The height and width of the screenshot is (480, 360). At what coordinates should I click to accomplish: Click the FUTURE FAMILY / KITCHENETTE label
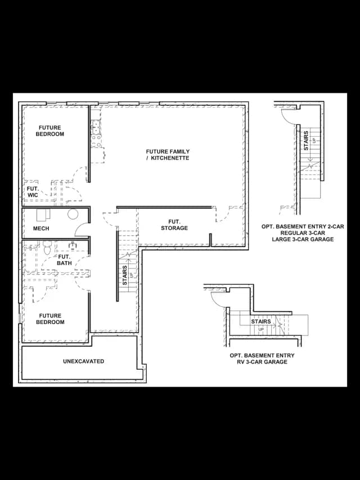coord(168,155)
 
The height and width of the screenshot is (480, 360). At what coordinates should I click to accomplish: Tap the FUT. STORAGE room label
coord(174,225)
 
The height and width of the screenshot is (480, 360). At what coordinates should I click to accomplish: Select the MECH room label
coord(41,228)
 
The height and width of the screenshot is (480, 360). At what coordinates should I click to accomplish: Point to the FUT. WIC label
coord(33,192)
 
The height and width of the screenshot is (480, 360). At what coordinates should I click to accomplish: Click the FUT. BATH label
coord(64,260)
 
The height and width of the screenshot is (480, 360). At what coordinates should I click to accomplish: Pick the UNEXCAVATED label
coord(84,361)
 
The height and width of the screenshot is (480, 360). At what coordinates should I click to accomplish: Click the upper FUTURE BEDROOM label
coord(50,131)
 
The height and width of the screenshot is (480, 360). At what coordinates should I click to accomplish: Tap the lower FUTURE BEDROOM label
coord(50,318)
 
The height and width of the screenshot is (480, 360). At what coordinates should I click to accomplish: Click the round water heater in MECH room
coord(73,214)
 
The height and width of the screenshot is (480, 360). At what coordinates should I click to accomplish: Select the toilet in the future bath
coord(47,248)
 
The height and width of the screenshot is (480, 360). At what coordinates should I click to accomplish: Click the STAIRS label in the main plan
coord(125,276)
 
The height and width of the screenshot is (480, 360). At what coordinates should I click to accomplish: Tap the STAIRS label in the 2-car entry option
coord(306,141)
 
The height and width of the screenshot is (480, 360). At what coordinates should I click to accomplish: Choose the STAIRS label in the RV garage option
coord(261,321)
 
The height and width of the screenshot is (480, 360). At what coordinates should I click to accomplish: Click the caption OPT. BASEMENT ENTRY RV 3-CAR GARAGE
coord(262,358)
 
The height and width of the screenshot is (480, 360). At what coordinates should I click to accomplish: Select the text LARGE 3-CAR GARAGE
coord(303,239)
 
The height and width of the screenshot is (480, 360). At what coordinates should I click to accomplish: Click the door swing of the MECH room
coord(79,227)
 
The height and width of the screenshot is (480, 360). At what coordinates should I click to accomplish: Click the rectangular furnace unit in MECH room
coord(43,215)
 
